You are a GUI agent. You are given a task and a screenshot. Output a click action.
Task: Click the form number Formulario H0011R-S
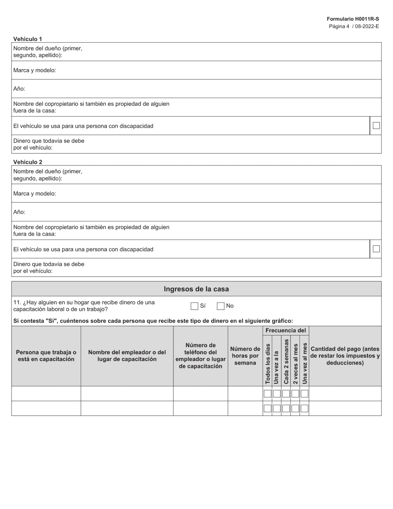click(x=352, y=19)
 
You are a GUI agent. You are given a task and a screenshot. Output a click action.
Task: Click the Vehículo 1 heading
click(x=28, y=39)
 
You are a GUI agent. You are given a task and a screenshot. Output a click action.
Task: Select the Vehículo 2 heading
click(x=28, y=162)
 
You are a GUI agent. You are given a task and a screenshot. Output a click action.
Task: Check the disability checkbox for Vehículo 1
click(x=376, y=125)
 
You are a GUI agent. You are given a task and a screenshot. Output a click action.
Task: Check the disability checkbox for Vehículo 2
click(x=376, y=249)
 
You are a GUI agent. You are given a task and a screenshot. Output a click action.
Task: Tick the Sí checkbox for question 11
click(x=194, y=306)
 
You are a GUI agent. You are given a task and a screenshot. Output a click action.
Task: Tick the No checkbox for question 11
click(x=220, y=306)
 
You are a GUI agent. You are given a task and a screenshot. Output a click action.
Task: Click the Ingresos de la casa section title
click(x=196, y=289)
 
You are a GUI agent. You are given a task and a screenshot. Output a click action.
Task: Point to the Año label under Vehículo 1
click(x=19, y=89)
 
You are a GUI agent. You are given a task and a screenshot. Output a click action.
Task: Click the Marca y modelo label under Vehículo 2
click(x=34, y=194)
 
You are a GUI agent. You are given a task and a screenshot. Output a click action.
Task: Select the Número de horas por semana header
click(x=245, y=356)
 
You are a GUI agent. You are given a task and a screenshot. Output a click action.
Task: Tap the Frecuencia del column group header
click(x=285, y=331)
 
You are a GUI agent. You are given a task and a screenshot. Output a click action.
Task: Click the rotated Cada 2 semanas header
click(x=286, y=361)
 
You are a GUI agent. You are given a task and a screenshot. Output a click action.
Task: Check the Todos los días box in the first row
click(x=267, y=394)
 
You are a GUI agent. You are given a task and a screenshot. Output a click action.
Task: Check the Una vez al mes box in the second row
click(x=304, y=408)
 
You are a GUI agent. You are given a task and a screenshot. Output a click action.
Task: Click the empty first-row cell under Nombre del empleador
click(x=127, y=394)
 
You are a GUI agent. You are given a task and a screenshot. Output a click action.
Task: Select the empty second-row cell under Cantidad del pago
click(x=345, y=408)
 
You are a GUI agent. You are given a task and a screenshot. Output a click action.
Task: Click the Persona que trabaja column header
click(x=46, y=356)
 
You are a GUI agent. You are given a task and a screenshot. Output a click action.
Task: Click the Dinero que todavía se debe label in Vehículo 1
click(x=49, y=144)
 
